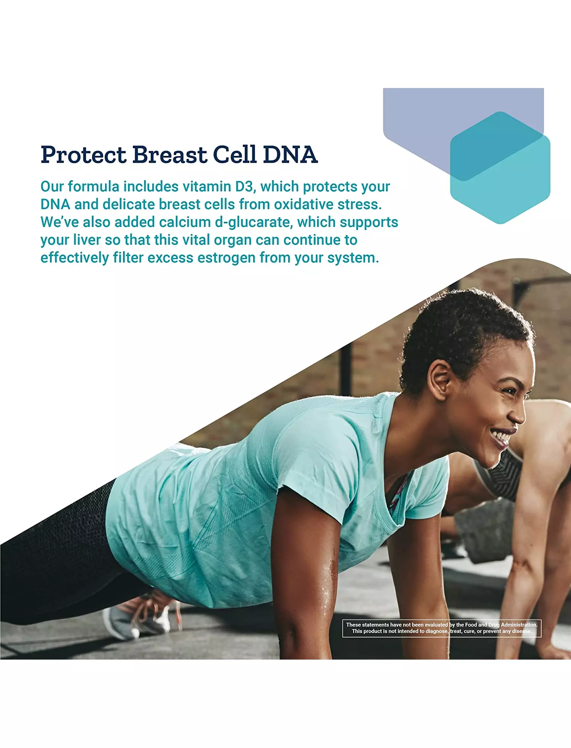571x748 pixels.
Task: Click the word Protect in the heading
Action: [x=83, y=155]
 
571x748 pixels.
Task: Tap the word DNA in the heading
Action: [x=290, y=155]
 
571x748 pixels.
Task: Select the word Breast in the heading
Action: [x=169, y=155]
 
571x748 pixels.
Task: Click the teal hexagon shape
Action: [x=501, y=168]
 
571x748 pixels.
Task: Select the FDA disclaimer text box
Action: [x=442, y=628]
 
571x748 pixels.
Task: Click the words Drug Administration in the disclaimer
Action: [x=513, y=625]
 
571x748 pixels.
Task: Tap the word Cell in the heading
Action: [x=234, y=155]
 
